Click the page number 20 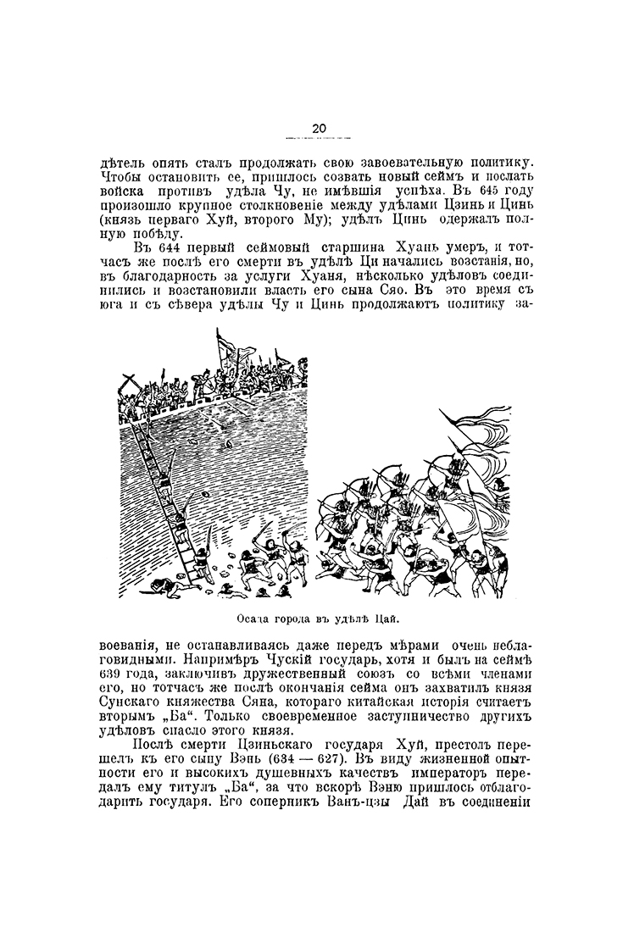point(318,128)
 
